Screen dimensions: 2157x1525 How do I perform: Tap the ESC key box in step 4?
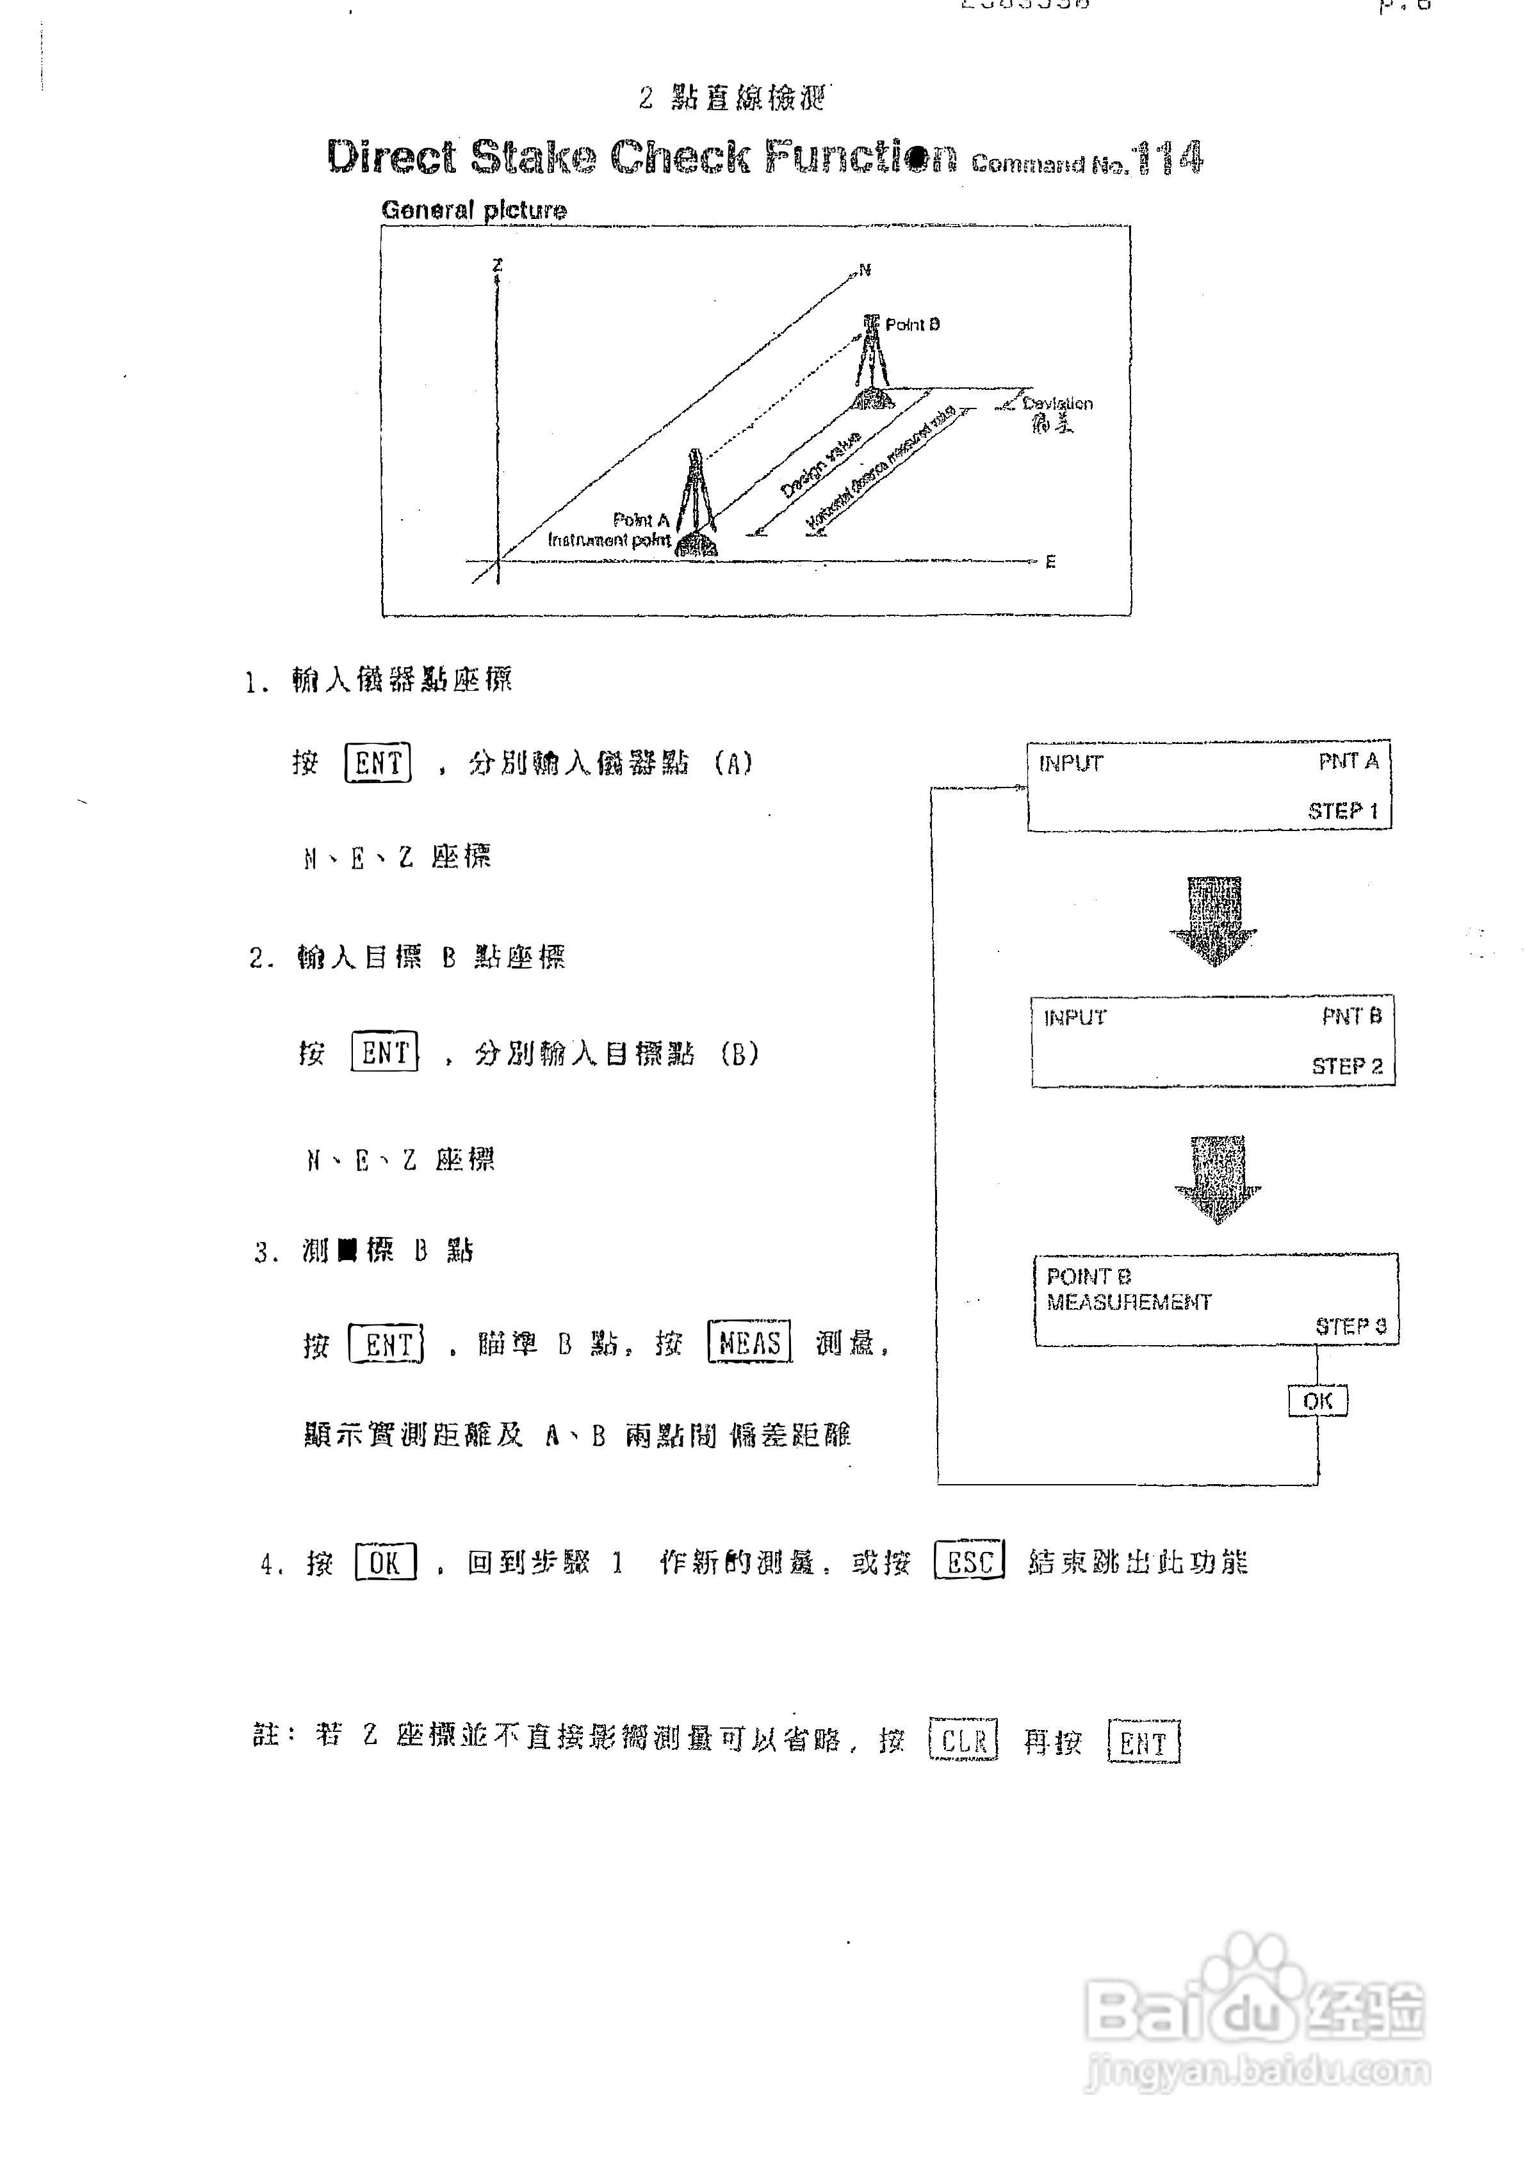click(x=969, y=1562)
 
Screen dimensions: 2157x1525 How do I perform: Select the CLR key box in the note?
click(x=963, y=1741)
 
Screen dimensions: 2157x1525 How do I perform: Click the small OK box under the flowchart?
click(x=1317, y=1401)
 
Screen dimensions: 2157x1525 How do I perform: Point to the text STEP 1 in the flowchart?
click(x=1342, y=811)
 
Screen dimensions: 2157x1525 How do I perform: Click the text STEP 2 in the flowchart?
click(x=1346, y=1066)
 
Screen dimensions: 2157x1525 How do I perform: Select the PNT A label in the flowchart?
click(x=1348, y=761)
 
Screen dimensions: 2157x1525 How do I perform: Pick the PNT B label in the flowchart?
click(x=1351, y=1017)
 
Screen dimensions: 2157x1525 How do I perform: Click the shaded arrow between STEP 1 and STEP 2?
click(x=1214, y=921)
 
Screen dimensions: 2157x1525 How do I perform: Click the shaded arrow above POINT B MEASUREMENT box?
click(x=1218, y=1179)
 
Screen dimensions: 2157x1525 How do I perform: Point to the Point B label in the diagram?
click(x=911, y=324)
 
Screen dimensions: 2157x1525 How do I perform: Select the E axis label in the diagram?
click(x=1050, y=561)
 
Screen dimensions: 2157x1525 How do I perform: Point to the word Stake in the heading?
click(x=533, y=157)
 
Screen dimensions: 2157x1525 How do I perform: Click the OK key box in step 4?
click(x=385, y=1562)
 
